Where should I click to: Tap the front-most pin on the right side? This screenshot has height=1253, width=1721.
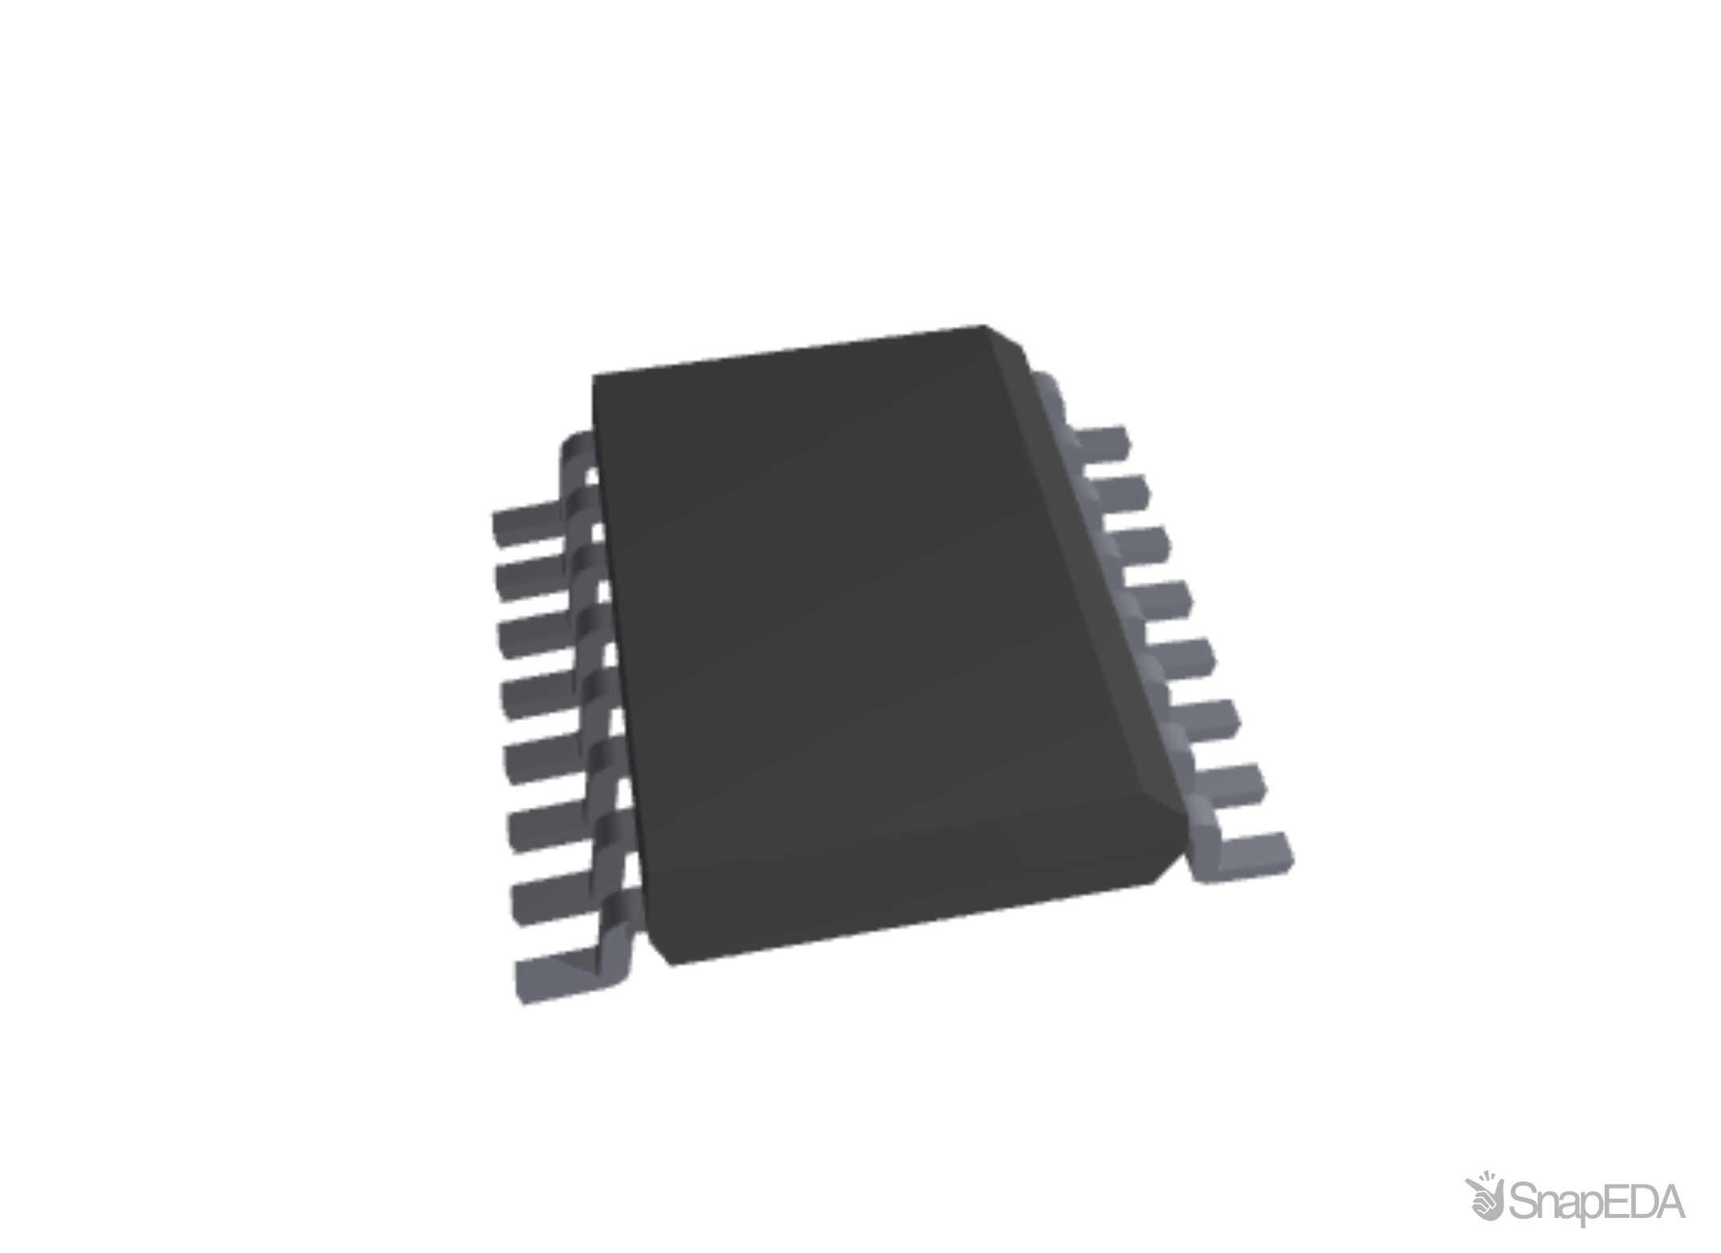(x=1251, y=854)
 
